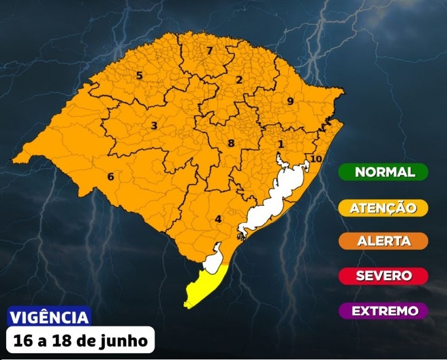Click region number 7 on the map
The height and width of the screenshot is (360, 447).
209,51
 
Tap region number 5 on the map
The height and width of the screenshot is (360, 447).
139,75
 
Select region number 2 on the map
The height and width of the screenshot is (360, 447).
239,80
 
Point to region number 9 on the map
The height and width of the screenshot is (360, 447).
290,101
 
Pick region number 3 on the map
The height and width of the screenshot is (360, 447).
154,125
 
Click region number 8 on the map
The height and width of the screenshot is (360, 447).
231,143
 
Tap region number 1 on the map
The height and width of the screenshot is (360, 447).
280,144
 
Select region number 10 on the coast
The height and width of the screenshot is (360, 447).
316,159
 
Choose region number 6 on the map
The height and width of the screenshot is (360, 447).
110,177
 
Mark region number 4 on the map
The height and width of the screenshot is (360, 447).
218,219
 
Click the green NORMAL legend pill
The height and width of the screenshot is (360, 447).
383,172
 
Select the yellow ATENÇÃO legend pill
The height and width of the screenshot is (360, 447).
383,208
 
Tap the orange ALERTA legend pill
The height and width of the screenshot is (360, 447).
383,241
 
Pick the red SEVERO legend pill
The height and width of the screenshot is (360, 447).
383,276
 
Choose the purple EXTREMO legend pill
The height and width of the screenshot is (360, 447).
383,311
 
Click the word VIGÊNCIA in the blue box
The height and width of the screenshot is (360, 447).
50,317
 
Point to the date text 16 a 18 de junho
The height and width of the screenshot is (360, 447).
81,340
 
